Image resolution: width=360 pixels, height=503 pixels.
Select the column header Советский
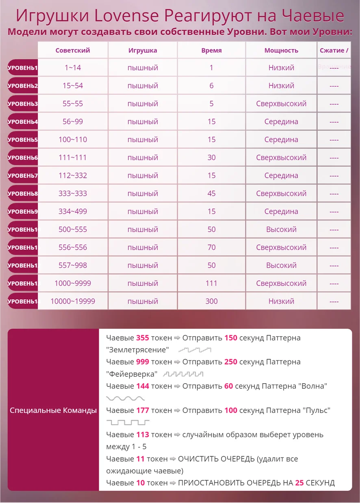pyautogui.click(x=73, y=51)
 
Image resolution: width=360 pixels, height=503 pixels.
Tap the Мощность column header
pyautogui.click(x=281, y=51)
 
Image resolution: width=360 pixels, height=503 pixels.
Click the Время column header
pyautogui.click(x=211, y=51)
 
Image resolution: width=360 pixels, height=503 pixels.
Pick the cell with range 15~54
pyautogui.click(x=73, y=86)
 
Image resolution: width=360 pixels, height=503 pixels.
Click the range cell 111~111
pyautogui.click(x=73, y=158)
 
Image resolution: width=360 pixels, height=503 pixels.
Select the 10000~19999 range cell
pyautogui.click(x=73, y=301)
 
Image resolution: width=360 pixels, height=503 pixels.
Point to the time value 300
pyautogui.click(x=211, y=301)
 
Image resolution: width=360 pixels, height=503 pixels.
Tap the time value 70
pyautogui.click(x=211, y=247)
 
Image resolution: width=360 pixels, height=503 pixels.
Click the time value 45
pyautogui.click(x=211, y=194)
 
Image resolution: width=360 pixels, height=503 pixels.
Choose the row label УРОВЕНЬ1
pyautogui.click(x=23, y=68)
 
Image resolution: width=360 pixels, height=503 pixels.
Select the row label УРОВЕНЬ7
pyautogui.click(x=23, y=175)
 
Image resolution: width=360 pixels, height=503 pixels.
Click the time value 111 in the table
pyautogui.click(x=211, y=283)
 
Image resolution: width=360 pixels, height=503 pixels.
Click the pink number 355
pyautogui.click(x=143, y=338)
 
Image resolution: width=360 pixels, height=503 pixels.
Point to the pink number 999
pyautogui.click(x=143, y=362)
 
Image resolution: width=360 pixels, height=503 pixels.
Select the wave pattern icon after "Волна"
pyautogui.click(x=125, y=398)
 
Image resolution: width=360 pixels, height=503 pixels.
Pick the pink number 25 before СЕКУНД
pyautogui.click(x=299, y=483)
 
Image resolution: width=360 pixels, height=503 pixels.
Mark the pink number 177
pyautogui.click(x=143, y=410)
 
